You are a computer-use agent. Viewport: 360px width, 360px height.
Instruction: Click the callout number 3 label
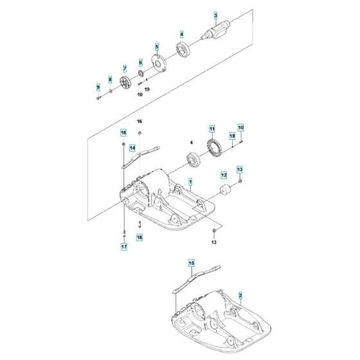point(216,15)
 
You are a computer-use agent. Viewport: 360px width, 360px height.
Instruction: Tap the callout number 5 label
point(156,47)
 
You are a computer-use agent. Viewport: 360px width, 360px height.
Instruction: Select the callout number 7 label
point(125,67)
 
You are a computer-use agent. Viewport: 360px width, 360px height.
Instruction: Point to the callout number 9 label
point(98,87)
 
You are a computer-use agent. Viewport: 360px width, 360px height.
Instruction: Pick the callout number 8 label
point(110,79)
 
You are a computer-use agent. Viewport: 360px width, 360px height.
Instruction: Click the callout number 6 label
point(140,62)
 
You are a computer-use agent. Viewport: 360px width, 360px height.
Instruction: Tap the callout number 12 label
point(224,174)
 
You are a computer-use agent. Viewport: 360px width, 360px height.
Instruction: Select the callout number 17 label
point(123,246)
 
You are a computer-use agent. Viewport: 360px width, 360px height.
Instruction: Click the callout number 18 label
point(139,237)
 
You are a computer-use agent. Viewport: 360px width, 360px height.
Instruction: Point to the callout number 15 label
point(191,264)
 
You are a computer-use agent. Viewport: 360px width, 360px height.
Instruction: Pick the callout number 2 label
point(240,296)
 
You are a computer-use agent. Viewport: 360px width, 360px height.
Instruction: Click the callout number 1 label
point(190,183)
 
